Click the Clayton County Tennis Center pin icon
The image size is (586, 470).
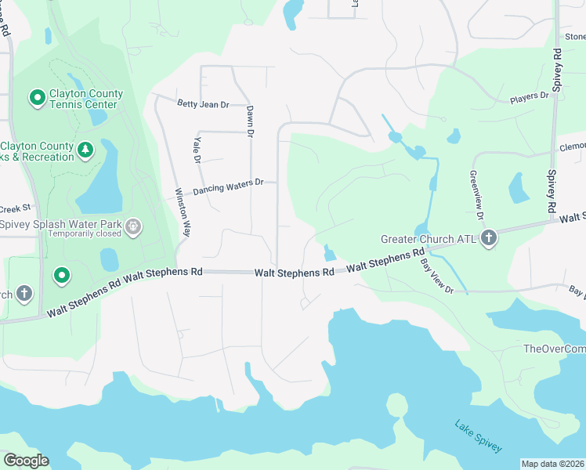click(36, 99)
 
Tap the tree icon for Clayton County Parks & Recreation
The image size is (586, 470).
click(85, 149)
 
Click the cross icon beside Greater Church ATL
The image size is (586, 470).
click(489, 237)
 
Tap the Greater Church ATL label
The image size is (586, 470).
click(429, 239)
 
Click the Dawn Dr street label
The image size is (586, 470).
click(250, 122)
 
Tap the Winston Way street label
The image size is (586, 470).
click(183, 212)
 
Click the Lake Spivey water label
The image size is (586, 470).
click(478, 436)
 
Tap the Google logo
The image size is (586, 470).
click(26, 461)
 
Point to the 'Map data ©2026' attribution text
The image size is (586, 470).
click(553, 464)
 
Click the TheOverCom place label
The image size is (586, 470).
click(554, 349)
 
